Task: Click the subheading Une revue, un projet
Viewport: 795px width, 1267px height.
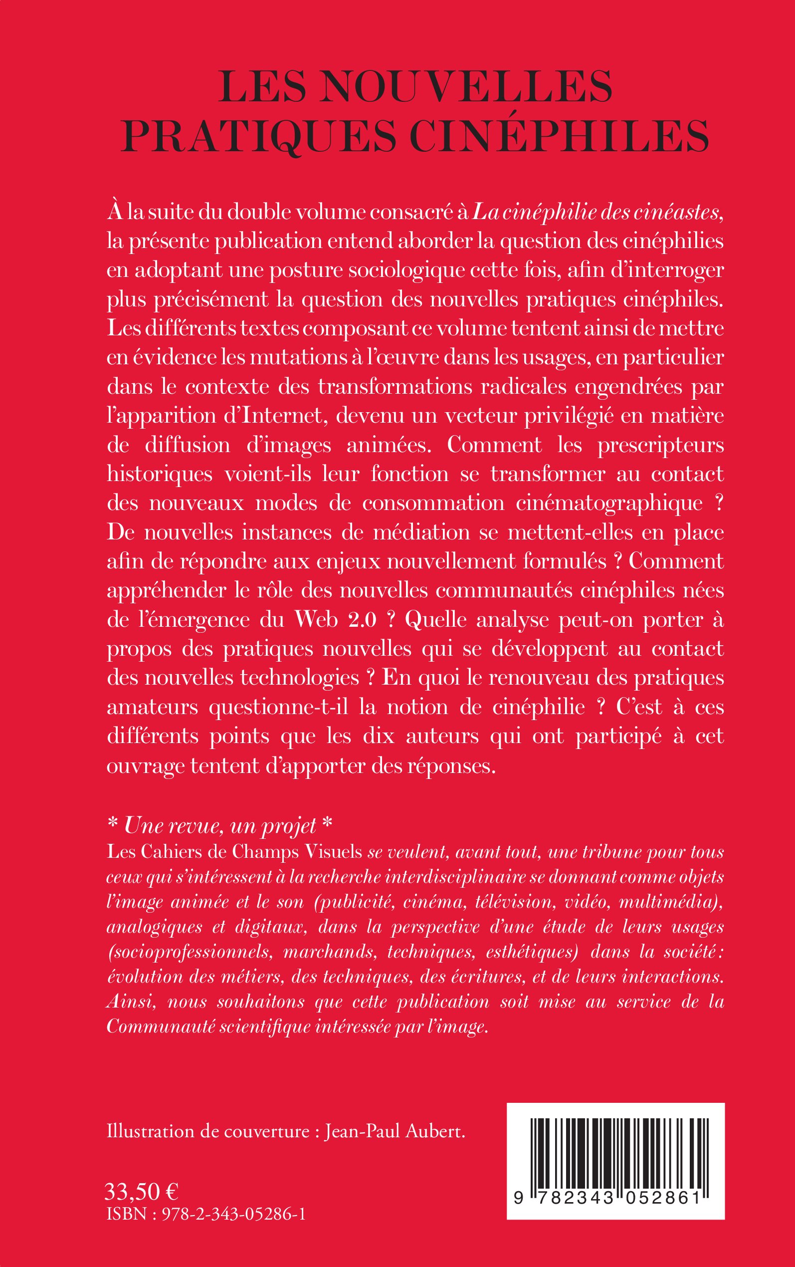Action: click(x=220, y=826)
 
